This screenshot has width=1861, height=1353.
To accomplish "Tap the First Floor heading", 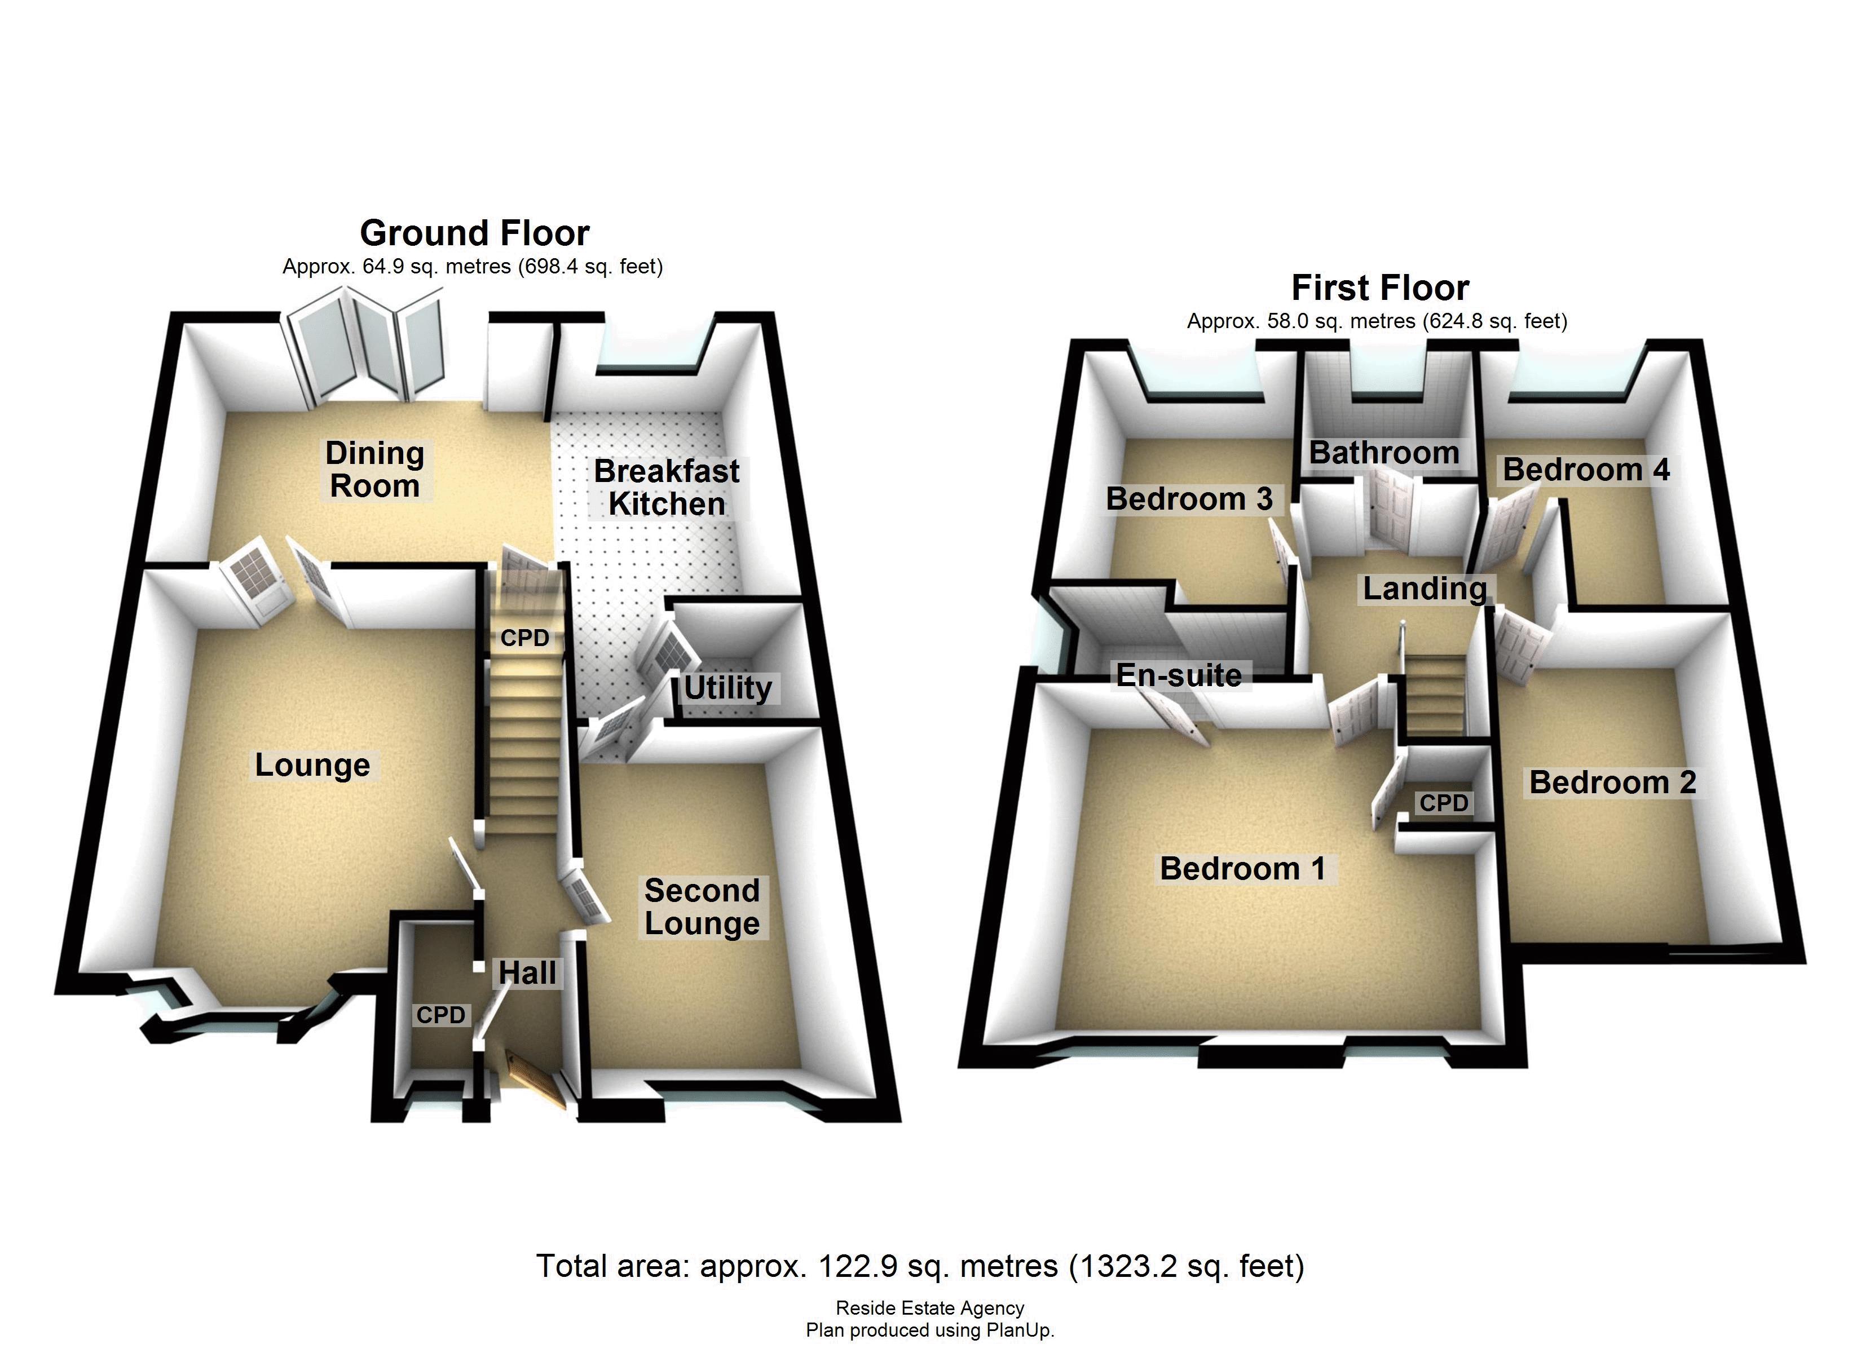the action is coord(1379,289).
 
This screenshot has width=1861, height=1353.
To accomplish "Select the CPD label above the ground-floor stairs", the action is coord(524,638).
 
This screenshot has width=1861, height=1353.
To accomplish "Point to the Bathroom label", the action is coord(1383,453).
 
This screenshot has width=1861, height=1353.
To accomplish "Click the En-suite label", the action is coord(1178,675).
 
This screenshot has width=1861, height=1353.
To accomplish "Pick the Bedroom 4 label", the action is coord(1585,470).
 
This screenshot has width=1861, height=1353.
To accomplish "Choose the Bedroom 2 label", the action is coord(1612,782).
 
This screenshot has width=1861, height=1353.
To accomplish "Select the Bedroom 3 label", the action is coord(1188,499).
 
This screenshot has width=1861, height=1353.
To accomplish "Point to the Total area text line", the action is coord(920,1266).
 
